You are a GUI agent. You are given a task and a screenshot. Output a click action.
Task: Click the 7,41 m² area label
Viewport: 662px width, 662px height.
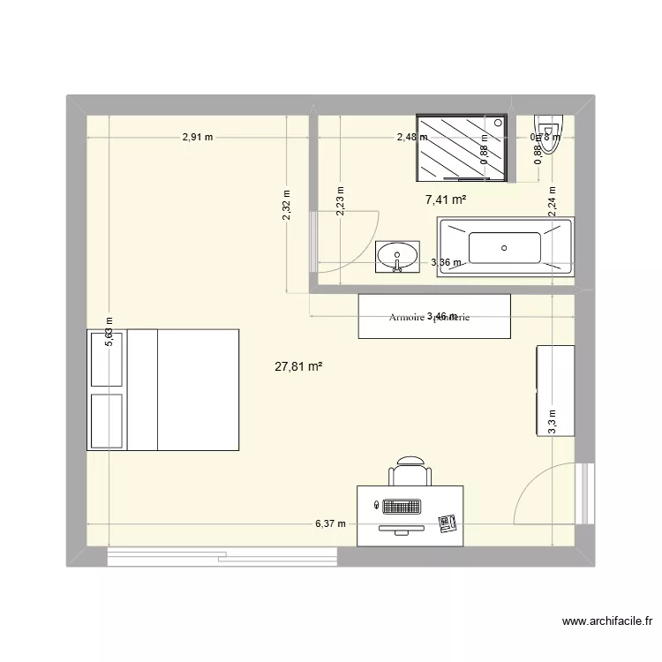[446, 200]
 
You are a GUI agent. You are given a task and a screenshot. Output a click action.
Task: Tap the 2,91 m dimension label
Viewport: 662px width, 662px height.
[199, 137]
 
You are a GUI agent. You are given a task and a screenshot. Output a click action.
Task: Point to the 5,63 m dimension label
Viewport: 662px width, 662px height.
[109, 333]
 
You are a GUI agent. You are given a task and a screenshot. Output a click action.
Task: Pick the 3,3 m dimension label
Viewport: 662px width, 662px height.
[552, 422]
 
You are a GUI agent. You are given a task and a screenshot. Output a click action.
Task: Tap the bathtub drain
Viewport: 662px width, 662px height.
[504, 248]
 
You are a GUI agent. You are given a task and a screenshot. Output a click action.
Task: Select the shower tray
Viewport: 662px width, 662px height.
[462, 147]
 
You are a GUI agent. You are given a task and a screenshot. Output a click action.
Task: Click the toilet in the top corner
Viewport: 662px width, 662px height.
[549, 135]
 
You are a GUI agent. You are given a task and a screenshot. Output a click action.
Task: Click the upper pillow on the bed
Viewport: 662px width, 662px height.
[107, 358]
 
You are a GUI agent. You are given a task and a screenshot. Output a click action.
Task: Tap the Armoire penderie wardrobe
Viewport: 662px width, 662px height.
[434, 316]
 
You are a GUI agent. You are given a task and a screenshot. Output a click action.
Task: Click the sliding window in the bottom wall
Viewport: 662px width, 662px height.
[222, 556]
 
